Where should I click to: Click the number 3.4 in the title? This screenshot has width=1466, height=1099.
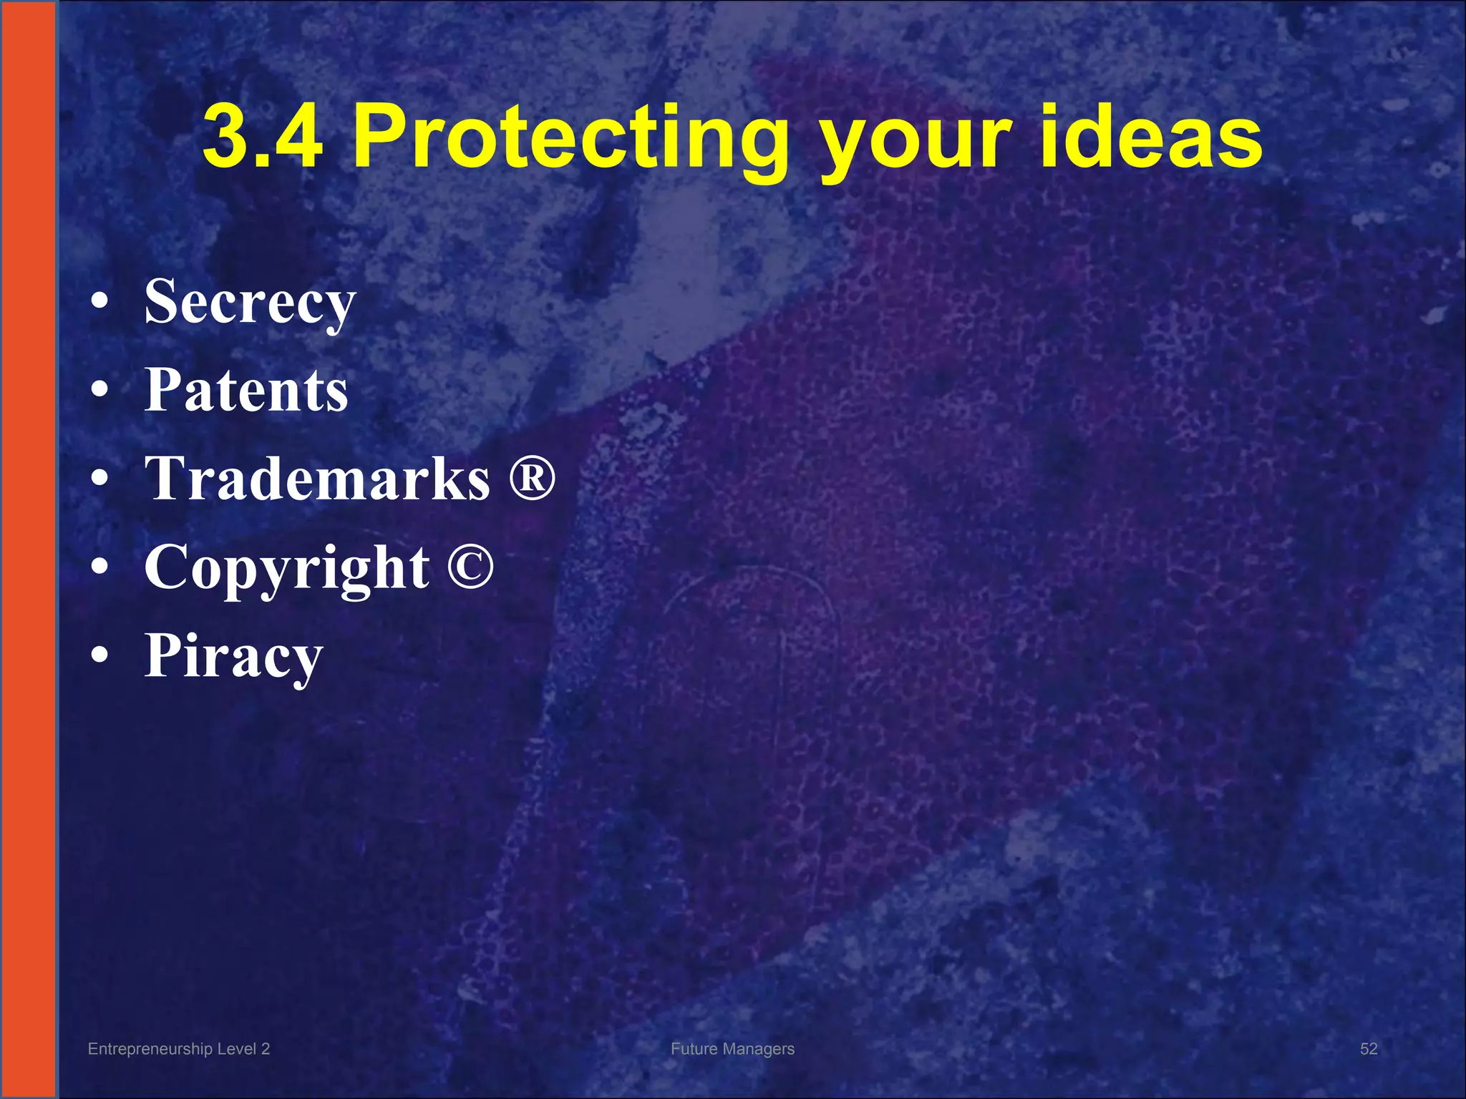pos(263,136)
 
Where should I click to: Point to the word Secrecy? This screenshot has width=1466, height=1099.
pos(250,303)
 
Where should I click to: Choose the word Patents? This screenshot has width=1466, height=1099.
pos(246,390)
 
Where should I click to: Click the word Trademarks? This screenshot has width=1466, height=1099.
pos(317,478)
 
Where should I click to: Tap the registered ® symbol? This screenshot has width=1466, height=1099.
pos(532,475)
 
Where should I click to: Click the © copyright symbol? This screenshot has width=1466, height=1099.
pos(470,565)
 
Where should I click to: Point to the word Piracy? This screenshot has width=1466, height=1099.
pos(233,656)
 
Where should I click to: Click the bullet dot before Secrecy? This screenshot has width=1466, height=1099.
pos(101,302)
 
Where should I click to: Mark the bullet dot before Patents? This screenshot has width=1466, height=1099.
pos(101,390)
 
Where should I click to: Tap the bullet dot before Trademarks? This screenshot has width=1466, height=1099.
pos(101,478)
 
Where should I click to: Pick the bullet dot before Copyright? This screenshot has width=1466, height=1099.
pos(101,567)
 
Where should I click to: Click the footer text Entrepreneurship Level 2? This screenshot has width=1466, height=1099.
pos(178,1049)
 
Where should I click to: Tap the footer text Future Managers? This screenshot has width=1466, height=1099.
pos(732,1049)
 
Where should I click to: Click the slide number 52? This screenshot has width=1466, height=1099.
pos(1368,1049)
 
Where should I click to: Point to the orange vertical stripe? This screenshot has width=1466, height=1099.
pos(27,549)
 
